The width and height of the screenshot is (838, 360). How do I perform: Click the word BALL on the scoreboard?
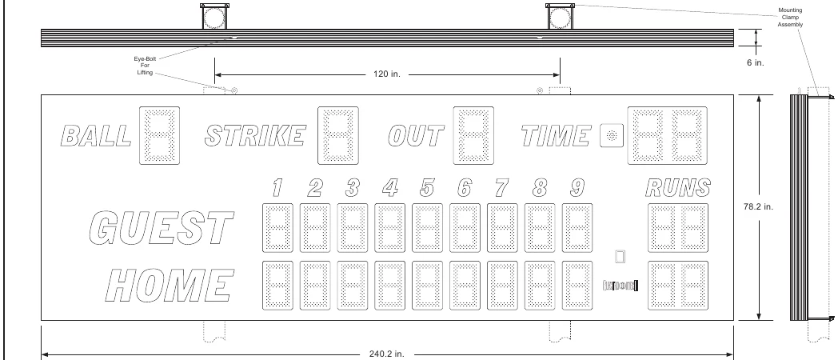(x=96, y=136)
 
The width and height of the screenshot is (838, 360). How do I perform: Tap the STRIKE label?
(x=255, y=136)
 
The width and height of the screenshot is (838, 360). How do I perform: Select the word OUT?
(x=416, y=136)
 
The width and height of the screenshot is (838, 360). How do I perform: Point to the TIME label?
(x=556, y=136)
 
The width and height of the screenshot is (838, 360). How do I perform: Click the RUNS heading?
(x=678, y=188)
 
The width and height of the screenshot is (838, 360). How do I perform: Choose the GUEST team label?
(x=162, y=227)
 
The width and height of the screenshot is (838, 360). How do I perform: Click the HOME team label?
(x=170, y=285)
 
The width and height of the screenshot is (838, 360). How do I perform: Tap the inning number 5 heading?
(x=427, y=188)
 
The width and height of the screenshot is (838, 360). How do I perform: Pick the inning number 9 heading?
(x=577, y=188)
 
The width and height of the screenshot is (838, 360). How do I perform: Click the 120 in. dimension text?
(x=387, y=74)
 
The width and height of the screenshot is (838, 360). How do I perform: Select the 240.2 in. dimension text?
(x=387, y=354)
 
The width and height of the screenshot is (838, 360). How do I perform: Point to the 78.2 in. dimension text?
(x=758, y=206)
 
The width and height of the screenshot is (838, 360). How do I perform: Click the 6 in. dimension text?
(x=756, y=62)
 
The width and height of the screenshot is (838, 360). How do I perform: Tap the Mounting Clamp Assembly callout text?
(x=790, y=17)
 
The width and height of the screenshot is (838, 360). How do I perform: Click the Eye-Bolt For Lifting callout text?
(x=145, y=66)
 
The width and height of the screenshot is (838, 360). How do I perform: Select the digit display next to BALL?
(x=160, y=135)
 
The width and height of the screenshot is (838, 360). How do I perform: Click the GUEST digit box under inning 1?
(x=278, y=227)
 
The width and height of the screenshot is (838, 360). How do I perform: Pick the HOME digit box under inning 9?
(x=577, y=285)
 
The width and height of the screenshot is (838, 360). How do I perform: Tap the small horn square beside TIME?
(x=612, y=135)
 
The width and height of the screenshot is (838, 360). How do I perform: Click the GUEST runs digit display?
(x=678, y=227)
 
